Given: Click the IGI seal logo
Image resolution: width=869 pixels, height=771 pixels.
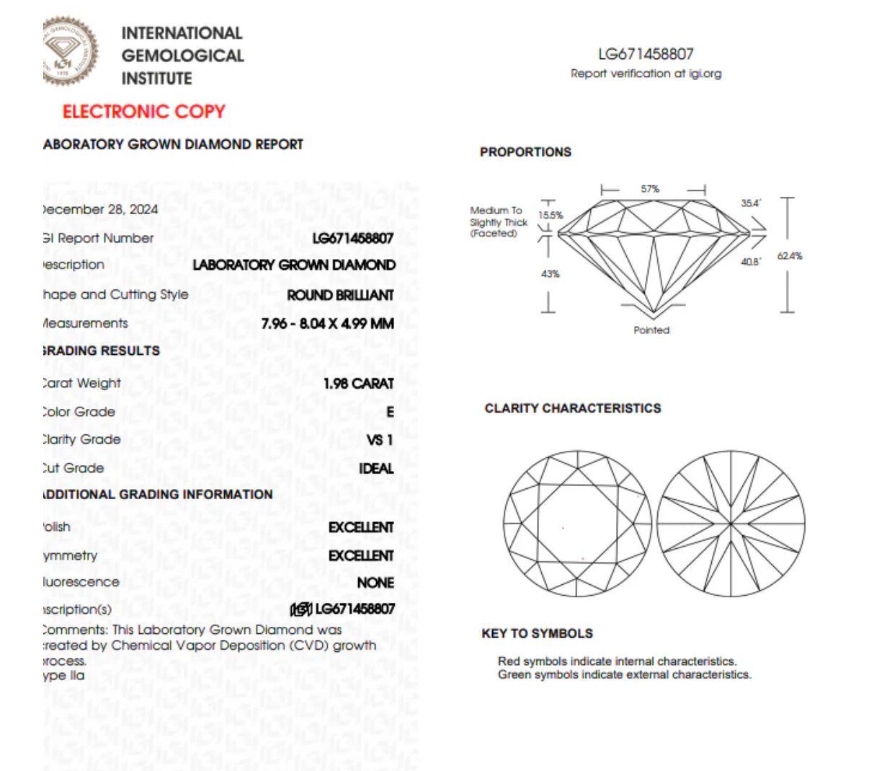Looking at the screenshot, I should tap(70, 52).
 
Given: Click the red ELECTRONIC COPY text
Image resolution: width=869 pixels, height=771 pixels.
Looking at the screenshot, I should tap(144, 112).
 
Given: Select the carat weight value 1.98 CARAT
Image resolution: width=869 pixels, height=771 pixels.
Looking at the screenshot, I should tap(358, 384).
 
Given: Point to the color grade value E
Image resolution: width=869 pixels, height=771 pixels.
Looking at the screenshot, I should tap(390, 412).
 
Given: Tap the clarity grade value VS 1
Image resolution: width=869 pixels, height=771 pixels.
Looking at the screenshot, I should tap(380, 440).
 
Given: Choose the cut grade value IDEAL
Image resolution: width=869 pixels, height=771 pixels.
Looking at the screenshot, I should tap(376, 469).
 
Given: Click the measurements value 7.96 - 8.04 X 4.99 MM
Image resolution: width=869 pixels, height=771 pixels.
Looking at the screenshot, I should tap(327, 324).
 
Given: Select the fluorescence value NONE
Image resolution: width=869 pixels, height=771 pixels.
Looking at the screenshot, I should tap(375, 583).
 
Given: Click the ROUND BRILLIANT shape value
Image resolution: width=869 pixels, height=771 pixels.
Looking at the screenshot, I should tap(340, 296).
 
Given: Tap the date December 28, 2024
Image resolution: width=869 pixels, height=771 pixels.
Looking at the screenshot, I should tap(99, 209).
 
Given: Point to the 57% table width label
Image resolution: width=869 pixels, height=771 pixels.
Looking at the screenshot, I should tap(650, 189).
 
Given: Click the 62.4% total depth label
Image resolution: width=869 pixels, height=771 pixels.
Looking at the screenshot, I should tap(790, 256).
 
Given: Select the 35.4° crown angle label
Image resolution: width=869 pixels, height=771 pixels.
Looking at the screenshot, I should tap(751, 203).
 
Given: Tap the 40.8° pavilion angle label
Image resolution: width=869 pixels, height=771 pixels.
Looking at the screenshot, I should tap(751, 262).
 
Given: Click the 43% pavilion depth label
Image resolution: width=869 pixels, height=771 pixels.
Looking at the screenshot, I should tap(550, 274).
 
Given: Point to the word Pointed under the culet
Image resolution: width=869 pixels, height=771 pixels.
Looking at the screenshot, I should tap(651, 330).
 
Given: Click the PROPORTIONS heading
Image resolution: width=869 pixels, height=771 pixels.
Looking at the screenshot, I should tap(525, 152).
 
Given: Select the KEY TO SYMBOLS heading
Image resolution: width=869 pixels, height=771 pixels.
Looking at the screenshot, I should tap(537, 634).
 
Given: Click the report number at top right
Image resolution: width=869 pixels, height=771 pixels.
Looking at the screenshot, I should tap(646, 54).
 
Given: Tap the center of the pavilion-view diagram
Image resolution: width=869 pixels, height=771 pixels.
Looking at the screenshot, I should tap(731, 524).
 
